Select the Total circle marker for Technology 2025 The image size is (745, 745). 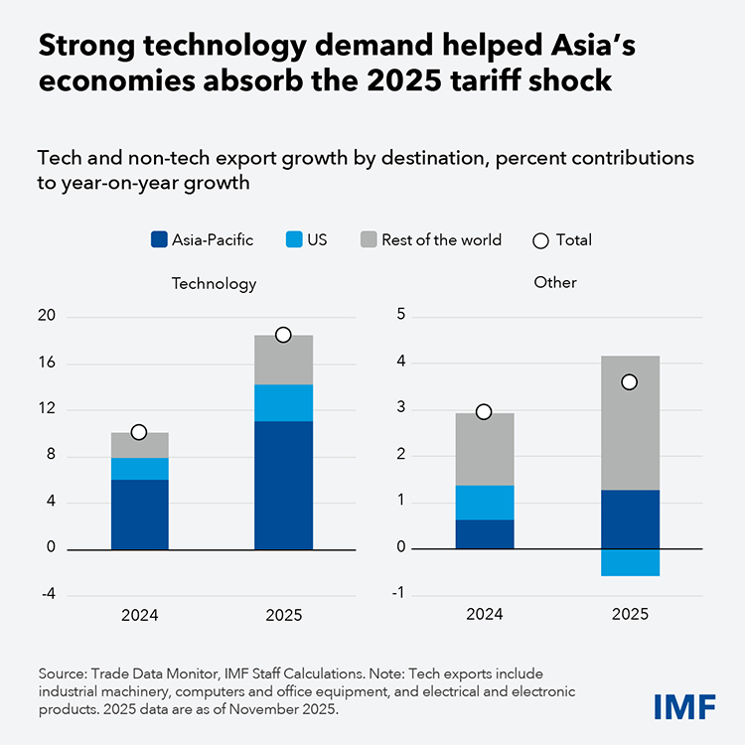283,335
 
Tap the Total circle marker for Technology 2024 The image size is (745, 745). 139,432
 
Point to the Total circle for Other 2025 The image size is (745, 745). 629,382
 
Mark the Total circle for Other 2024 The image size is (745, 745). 484,411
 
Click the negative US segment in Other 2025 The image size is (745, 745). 630,562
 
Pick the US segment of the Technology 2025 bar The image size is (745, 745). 283,402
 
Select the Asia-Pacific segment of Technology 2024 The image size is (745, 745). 139,515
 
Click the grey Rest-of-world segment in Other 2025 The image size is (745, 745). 630,423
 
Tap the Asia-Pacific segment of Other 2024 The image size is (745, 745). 485,534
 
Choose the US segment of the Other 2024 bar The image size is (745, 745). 485,503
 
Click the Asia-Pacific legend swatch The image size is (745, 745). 159,239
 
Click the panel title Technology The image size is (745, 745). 214,283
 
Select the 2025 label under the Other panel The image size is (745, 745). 630,615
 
